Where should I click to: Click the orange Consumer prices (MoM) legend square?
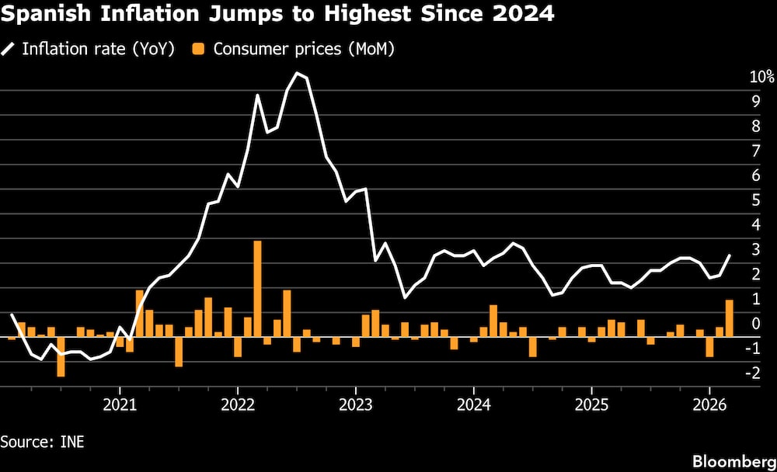(198, 49)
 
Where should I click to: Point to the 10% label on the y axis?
(761, 77)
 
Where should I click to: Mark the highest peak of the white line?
(297, 73)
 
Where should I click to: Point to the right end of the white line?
(730, 255)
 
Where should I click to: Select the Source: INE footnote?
(42, 442)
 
